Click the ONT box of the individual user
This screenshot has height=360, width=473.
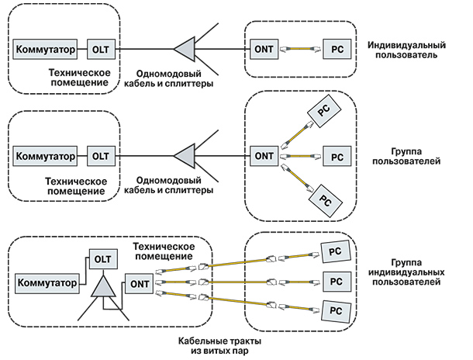(x=261, y=49)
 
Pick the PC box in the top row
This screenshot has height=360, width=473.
(x=336, y=49)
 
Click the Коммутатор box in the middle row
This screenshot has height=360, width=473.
(x=46, y=155)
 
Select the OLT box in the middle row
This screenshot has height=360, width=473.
(x=101, y=155)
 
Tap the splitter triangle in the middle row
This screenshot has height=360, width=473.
(x=184, y=154)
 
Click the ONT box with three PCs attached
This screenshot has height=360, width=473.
(x=261, y=155)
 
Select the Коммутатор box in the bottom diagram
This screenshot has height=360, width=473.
(x=47, y=284)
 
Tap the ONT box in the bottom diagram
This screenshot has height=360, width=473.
(x=138, y=284)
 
